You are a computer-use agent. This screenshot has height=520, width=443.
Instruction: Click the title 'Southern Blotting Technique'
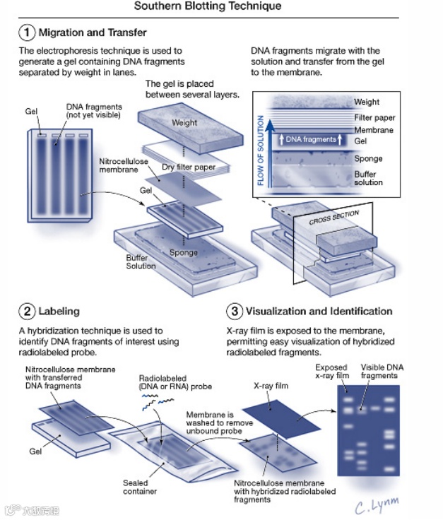tap(208, 6)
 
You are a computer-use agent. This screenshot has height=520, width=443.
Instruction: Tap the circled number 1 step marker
tap(27, 32)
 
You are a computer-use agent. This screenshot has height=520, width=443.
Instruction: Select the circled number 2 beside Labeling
tap(27, 311)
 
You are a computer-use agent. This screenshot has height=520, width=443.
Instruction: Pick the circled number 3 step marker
tap(235, 311)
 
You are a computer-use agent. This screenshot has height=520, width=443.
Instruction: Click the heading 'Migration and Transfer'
tap(93, 32)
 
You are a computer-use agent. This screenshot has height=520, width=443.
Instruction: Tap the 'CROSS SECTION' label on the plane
tap(334, 217)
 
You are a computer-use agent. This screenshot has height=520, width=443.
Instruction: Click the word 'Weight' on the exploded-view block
tap(184, 122)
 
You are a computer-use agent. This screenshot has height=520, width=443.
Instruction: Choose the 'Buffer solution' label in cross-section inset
tap(368, 178)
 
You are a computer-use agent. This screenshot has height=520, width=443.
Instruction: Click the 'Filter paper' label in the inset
tap(374, 117)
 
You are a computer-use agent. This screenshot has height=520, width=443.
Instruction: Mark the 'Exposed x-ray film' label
tap(331, 372)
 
